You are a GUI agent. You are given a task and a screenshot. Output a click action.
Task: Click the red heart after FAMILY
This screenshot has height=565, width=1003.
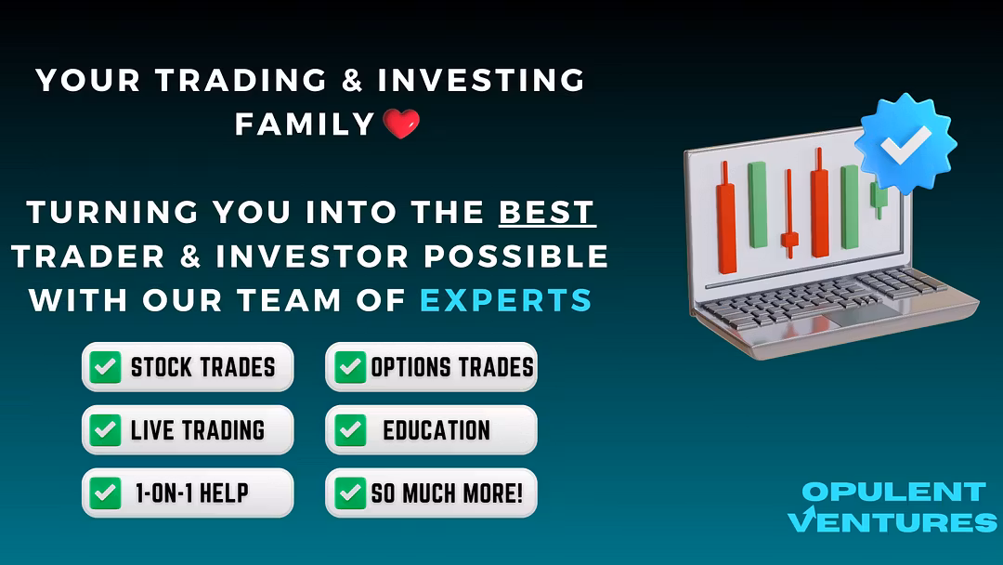(x=401, y=124)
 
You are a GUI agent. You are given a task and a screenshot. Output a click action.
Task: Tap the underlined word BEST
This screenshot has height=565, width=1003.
(x=547, y=213)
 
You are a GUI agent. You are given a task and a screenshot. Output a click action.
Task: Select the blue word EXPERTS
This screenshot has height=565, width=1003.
(x=506, y=300)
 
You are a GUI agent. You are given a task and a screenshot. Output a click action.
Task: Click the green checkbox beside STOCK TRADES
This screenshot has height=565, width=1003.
(x=105, y=367)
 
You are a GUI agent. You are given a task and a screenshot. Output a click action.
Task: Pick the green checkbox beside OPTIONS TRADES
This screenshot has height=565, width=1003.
(x=350, y=367)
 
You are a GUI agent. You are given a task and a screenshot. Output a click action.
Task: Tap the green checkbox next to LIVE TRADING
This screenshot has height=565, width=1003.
(x=105, y=430)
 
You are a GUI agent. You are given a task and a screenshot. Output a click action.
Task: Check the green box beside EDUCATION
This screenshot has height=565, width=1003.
(x=350, y=430)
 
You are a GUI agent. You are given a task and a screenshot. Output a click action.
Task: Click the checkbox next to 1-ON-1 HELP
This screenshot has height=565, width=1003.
(x=105, y=493)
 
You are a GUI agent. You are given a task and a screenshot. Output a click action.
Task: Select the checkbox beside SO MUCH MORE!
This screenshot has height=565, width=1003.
(x=350, y=493)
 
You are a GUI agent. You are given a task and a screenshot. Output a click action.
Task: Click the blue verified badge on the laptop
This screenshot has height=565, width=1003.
(x=905, y=145)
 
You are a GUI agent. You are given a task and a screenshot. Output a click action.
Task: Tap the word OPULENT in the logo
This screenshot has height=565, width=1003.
(x=893, y=493)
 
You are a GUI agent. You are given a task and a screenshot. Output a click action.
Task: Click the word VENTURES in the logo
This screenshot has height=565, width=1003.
(x=892, y=521)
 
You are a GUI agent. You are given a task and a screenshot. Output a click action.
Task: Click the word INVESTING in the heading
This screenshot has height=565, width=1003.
(x=481, y=81)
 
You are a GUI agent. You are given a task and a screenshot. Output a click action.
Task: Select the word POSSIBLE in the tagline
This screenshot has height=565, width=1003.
(x=515, y=256)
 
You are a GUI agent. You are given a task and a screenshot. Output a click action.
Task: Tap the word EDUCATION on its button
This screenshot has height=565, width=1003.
(x=436, y=430)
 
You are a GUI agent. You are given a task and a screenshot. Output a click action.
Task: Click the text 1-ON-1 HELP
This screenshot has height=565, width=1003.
(x=192, y=493)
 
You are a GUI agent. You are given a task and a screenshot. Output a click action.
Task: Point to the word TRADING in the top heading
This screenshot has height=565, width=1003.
(x=241, y=81)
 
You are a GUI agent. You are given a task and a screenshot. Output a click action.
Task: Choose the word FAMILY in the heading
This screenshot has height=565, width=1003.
(x=305, y=125)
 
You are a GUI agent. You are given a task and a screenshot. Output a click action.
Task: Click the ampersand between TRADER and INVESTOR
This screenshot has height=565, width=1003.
(x=190, y=256)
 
